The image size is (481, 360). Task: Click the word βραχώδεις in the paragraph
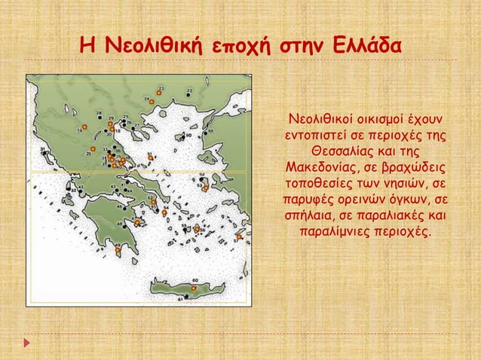click(408, 167)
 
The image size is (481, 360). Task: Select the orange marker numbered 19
click(85, 127)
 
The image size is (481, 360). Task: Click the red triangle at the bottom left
click(28, 343)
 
